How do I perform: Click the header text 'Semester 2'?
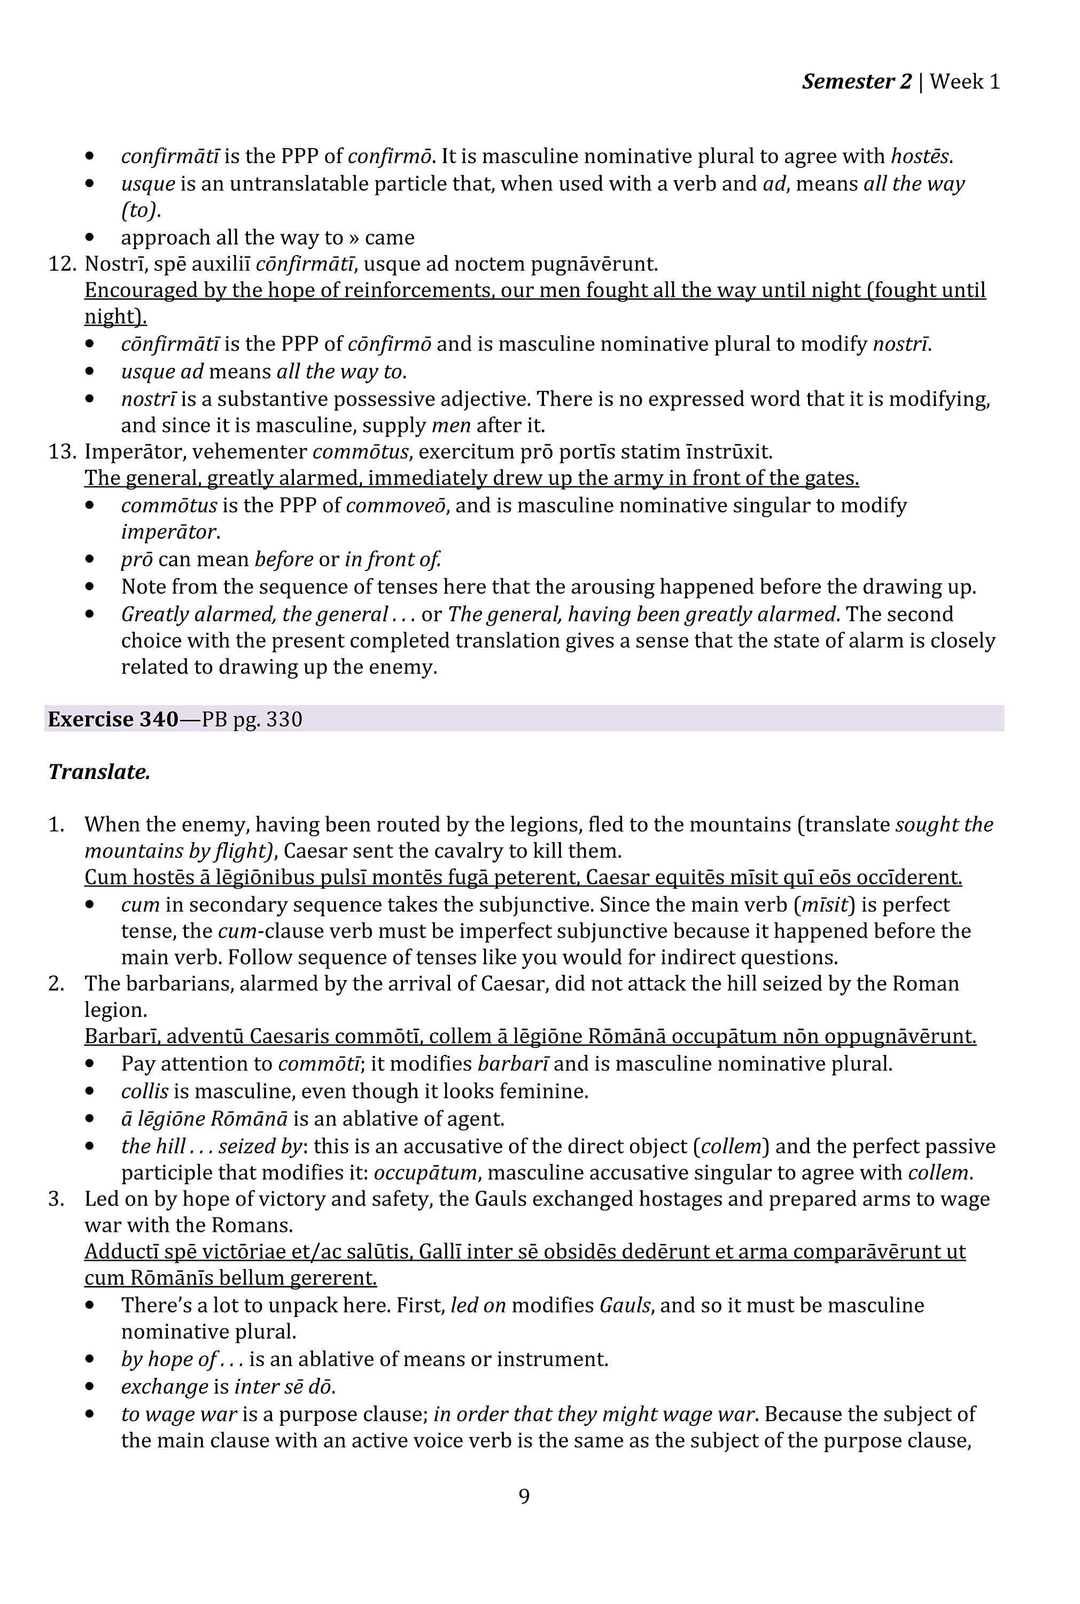pyautogui.click(x=856, y=82)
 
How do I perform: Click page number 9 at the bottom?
pyautogui.click(x=524, y=1496)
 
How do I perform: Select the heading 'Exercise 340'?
pyautogui.click(x=113, y=719)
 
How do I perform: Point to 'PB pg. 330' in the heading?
pyautogui.click(x=252, y=719)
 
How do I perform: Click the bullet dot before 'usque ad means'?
pyautogui.click(x=90, y=372)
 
